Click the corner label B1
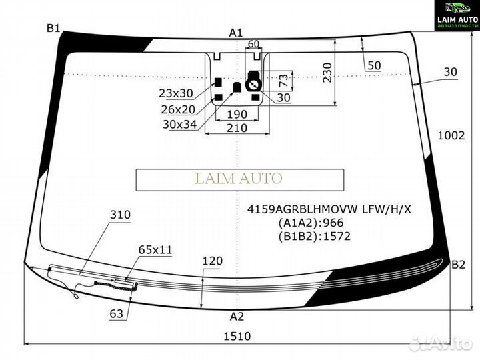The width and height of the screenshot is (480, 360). coord(53,29)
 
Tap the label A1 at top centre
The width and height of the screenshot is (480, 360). coord(236,33)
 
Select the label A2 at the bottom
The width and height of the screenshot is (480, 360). coord(237,316)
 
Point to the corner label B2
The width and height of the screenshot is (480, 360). coord(458,265)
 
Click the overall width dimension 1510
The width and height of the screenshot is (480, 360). coord(237,336)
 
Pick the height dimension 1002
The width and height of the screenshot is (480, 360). coord(451,135)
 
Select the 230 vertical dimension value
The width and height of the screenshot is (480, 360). coord(327,73)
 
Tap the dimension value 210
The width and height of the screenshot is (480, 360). coord(237,127)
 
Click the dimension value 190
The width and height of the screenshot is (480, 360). coord(237,114)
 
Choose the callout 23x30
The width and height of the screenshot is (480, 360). coord(176,93)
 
